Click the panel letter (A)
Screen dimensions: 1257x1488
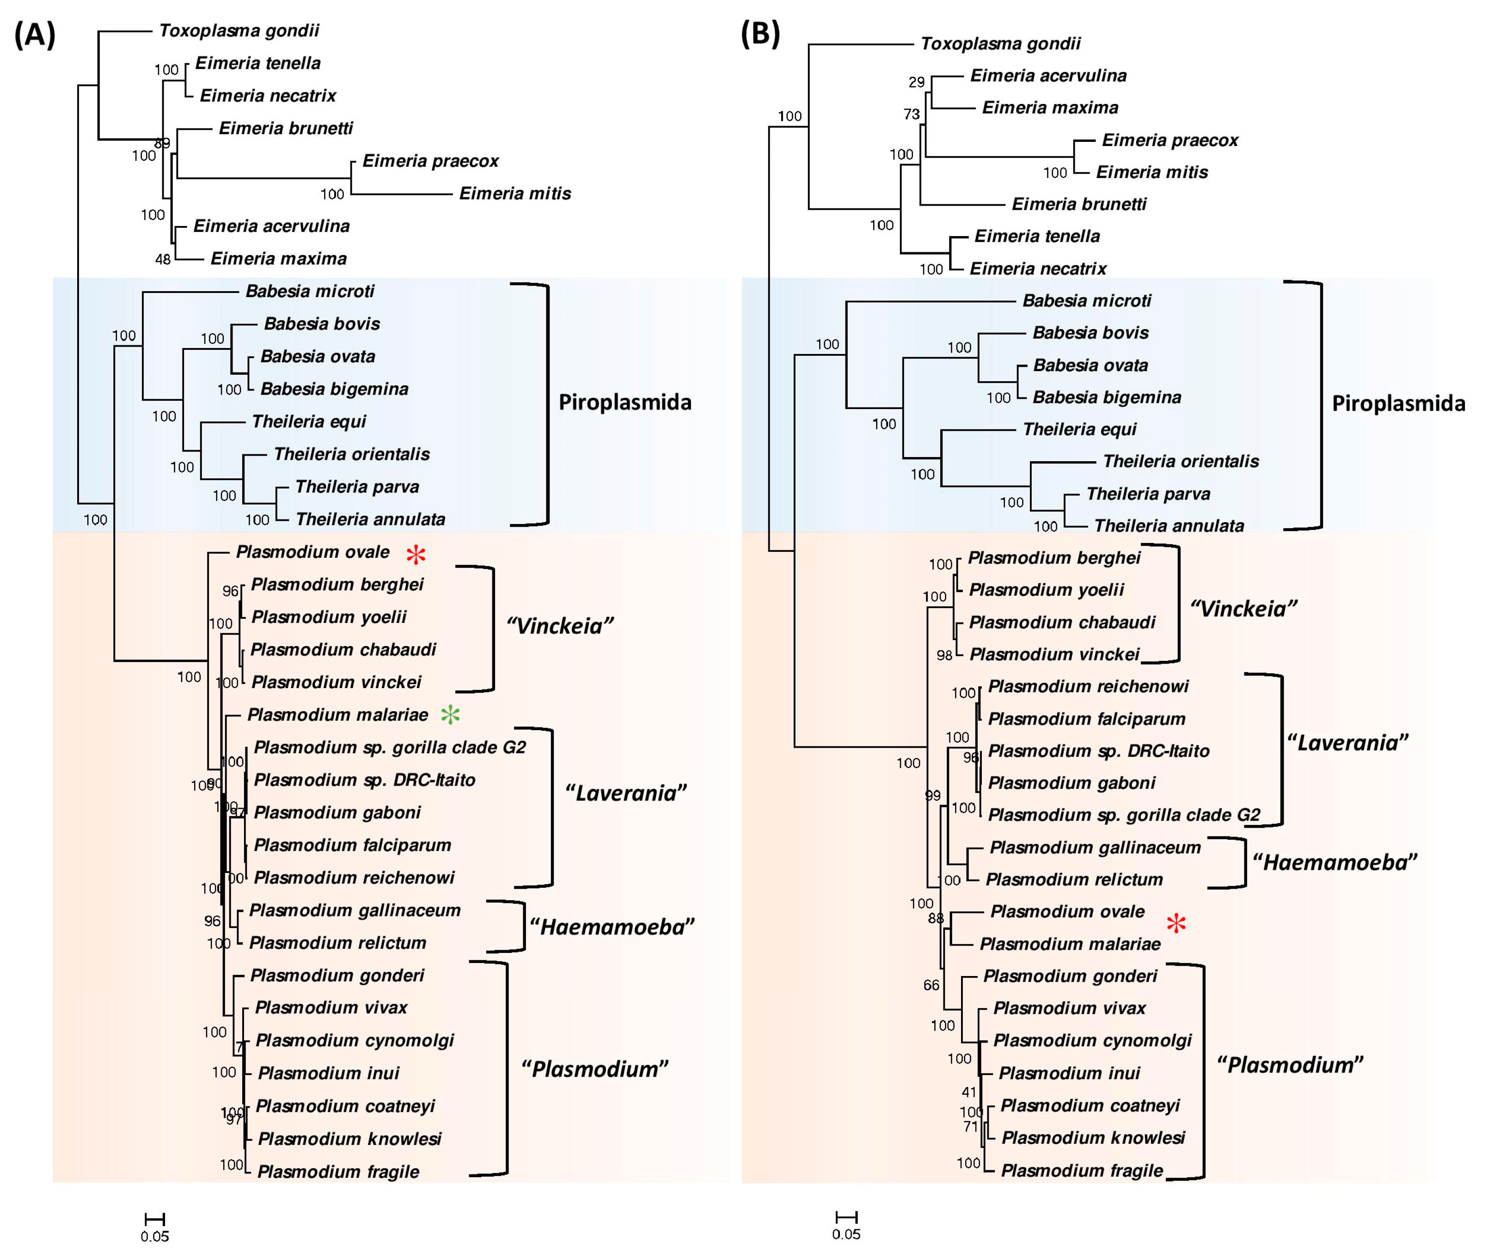(34, 34)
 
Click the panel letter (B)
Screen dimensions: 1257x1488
(759, 34)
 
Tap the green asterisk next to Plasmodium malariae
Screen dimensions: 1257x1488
(450, 715)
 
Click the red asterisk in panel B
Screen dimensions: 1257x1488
(1176, 924)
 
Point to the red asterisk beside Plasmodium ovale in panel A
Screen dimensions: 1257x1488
(416, 555)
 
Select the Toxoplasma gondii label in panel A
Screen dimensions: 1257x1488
(239, 31)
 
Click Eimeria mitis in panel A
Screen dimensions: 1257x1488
(514, 193)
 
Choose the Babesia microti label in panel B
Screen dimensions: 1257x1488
(1086, 301)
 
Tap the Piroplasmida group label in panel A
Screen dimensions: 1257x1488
(624, 403)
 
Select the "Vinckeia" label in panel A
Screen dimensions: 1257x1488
(559, 626)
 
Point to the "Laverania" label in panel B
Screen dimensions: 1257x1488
(1347, 743)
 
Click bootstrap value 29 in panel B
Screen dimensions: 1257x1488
(917, 83)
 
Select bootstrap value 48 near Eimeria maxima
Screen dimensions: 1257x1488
(163, 259)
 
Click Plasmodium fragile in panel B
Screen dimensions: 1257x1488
(1082, 1171)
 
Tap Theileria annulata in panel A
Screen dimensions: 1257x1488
(370, 519)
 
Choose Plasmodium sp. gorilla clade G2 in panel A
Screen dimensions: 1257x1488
(389, 748)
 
